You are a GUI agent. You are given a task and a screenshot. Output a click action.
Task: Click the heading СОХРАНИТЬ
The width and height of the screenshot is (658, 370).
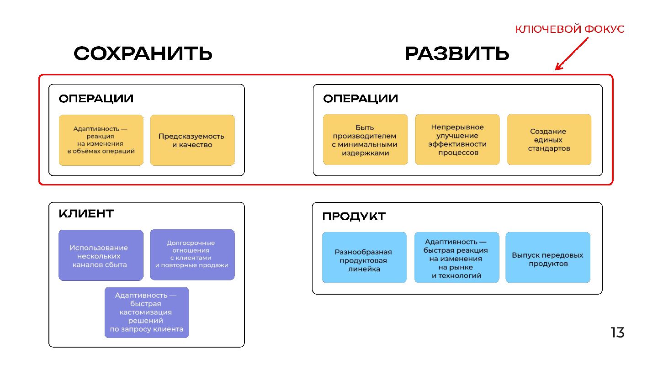pyautogui.click(x=143, y=54)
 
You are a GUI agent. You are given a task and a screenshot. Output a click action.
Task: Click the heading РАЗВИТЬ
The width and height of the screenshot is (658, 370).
pyautogui.click(x=457, y=54)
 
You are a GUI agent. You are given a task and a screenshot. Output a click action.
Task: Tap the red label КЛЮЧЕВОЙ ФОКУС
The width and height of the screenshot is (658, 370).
pyautogui.click(x=570, y=30)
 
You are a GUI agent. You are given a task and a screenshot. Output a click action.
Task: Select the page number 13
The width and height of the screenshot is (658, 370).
pyautogui.click(x=617, y=333)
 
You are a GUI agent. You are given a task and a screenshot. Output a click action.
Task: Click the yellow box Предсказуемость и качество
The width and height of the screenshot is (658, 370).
pyautogui.click(x=192, y=140)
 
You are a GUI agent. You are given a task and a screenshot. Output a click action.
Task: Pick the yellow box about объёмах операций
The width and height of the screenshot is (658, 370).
pyautogui.click(x=101, y=140)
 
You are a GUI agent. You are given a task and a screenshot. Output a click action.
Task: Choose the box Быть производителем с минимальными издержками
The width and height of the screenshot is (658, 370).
pyautogui.click(x=365, y=140)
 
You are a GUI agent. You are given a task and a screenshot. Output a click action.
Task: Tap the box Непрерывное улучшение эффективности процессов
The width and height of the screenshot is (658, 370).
pyautogui.click(x=457, y=140)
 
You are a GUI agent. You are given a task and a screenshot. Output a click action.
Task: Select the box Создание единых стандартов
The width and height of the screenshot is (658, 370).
pyautogui.click(x=549, y=140)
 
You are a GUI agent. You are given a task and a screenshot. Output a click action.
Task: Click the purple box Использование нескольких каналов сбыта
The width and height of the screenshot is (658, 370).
pyautogui.click(x=101, y=255)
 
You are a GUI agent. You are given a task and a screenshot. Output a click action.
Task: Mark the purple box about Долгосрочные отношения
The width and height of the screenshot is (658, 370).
pyautogui.click(x=192, y=254)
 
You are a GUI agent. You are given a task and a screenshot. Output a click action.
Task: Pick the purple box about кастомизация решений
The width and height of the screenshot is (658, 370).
pyautogui.click(x=147, y=312)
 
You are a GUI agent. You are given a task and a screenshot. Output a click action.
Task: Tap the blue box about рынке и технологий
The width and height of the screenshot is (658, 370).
pyautogui.click(x=456, y=258)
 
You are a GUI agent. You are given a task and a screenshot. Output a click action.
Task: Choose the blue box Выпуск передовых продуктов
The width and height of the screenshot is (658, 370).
pyautogui.click(x=547, y=258)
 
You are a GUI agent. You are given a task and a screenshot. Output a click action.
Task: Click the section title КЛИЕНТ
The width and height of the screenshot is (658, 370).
pyautogui.click(x=86, y=213)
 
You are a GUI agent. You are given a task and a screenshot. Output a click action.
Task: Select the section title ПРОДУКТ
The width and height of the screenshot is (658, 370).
pyautogui.click(x=354, y=217)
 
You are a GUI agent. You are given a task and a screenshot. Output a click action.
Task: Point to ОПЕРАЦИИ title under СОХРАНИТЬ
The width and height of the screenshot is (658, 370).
pyautogui.click(x=96, y=99)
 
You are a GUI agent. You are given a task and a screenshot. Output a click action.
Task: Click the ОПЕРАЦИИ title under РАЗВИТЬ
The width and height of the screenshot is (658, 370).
pyautogui.click(x=361, y=99)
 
